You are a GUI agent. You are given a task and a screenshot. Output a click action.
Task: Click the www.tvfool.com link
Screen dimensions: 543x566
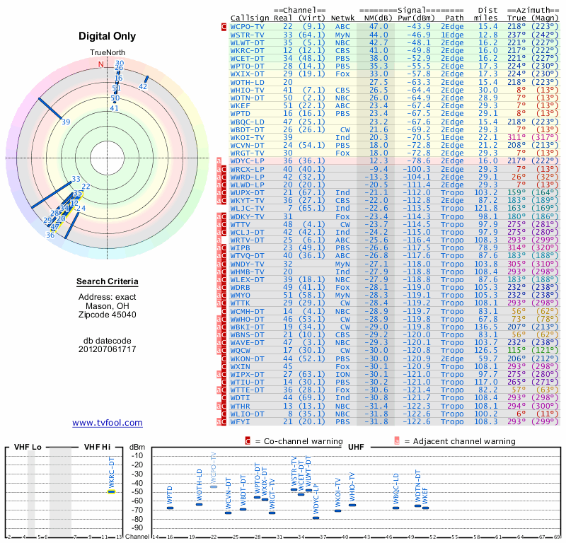tap(108, 423)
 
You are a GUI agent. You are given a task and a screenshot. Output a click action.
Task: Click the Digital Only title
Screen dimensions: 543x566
tap(107, 36)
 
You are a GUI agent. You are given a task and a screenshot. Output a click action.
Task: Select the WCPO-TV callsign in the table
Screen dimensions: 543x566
tap(248, 26)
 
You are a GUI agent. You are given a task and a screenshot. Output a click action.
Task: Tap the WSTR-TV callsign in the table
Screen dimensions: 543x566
tap(248, 34)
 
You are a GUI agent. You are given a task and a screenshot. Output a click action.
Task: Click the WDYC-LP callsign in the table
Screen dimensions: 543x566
tap(248, 162)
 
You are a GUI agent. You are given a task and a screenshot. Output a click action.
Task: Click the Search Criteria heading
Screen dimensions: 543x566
tap(107, 282)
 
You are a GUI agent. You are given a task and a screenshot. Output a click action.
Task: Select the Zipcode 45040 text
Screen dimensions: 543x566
tap(107, 315)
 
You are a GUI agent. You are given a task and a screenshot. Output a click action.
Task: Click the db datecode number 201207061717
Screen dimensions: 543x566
tap(107, 349)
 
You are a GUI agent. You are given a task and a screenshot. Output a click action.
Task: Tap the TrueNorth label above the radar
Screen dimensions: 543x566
tap(107, 54)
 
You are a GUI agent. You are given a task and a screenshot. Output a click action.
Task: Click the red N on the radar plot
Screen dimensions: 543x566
tap(100, 64)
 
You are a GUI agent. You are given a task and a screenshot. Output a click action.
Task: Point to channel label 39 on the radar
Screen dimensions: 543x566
tap(66, 122)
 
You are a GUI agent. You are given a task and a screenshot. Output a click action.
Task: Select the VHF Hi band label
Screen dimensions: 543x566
tap(96, 447)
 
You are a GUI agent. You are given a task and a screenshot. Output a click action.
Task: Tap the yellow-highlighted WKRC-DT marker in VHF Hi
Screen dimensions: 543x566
tap(111, 491)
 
